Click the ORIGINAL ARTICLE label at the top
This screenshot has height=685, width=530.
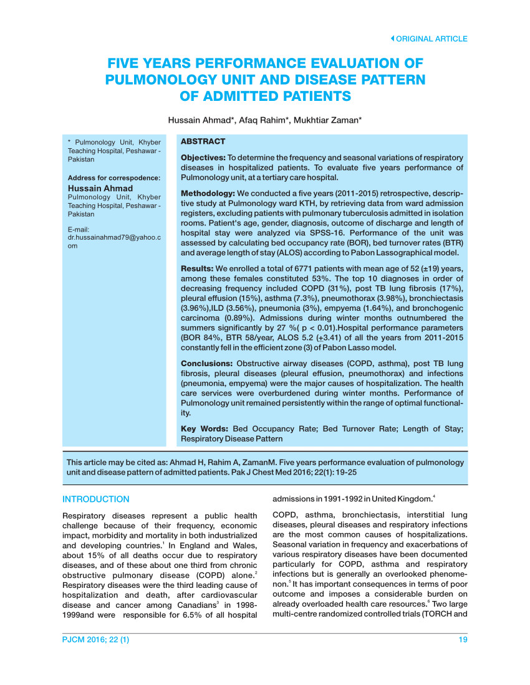click(x=431, y=39)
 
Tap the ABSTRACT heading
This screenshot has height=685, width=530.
click(x=203, y=142)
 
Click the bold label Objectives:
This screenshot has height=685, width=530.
click(x=203, y=158)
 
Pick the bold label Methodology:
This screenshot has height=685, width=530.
click(x=208, y=194)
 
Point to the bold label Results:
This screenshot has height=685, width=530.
click(x=197, y=268)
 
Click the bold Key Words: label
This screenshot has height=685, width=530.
click(x=205, y=429)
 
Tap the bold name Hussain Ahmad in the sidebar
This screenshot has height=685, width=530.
click(x=100, y=188)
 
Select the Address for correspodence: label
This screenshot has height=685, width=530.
click(x=113, y=178)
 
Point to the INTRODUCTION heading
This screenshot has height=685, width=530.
click(x=96, y=499)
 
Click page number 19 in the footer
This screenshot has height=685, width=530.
click(x=462, y=640)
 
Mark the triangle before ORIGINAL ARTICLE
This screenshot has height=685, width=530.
click(x=392, y=39)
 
